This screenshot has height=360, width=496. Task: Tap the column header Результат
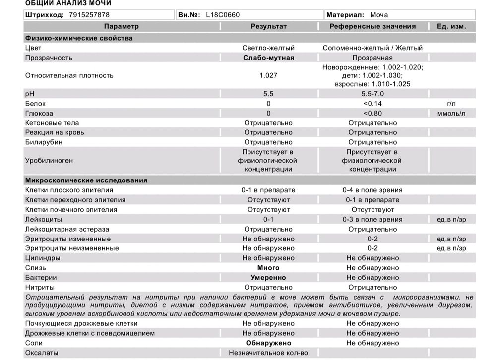coord(268,26)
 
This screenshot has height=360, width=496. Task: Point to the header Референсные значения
coord(372,26)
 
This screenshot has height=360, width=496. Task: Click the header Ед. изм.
coord(451,26)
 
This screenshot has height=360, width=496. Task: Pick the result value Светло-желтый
coord(268,48)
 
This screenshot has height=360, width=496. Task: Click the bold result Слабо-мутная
coord(268,58)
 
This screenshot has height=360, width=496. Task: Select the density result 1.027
coord(268,75)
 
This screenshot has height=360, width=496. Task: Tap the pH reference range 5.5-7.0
coord(372,94)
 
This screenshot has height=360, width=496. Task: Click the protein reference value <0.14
coord(372,104)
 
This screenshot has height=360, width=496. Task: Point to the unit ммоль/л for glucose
coord(451,113)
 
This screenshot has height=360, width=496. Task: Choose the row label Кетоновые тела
coord(52,123)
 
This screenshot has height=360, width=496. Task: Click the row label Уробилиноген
coord(49,161)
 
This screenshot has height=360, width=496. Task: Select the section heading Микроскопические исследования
coord(86,180)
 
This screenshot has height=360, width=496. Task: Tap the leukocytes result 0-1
coord(268,219)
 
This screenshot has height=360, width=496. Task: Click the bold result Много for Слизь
coord(268,268)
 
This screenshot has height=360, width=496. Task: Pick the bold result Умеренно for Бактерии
coord(268,278)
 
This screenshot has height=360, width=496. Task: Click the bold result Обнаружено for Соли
coord(268,343)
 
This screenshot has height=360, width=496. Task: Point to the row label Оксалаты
coord(42,353)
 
